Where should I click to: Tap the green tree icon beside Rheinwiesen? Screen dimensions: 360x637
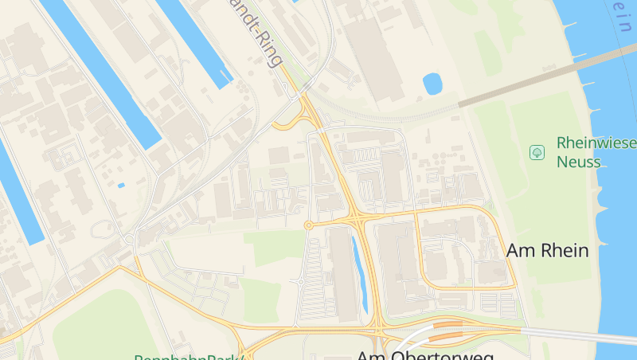click(x=537, y=151)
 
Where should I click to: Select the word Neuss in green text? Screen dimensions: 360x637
click(x=578, y=162)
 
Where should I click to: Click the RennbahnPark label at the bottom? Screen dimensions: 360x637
click(x=189, y=357)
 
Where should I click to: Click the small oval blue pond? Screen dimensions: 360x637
click(x=432, y=84)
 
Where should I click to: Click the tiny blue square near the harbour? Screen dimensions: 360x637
click(x=121, y=186)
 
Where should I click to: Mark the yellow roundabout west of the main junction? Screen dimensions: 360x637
click(x=308, y=225)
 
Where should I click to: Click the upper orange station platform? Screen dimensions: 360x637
click(x=450, y=324)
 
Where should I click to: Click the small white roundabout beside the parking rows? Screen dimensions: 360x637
click(x=302, y=281)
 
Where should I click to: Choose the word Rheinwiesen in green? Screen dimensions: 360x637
click(x=596, y=143)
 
